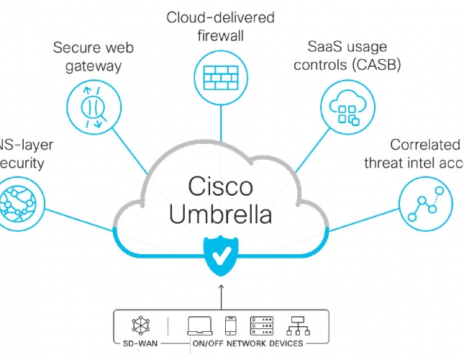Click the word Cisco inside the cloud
(x=221, y=186)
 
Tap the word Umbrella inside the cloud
(x=221, y=215)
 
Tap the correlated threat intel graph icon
(x=426, y=202)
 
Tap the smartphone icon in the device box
(x=231, y=325)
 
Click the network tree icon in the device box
(x=297, y=325)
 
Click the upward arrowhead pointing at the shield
(x=222, y=287)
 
